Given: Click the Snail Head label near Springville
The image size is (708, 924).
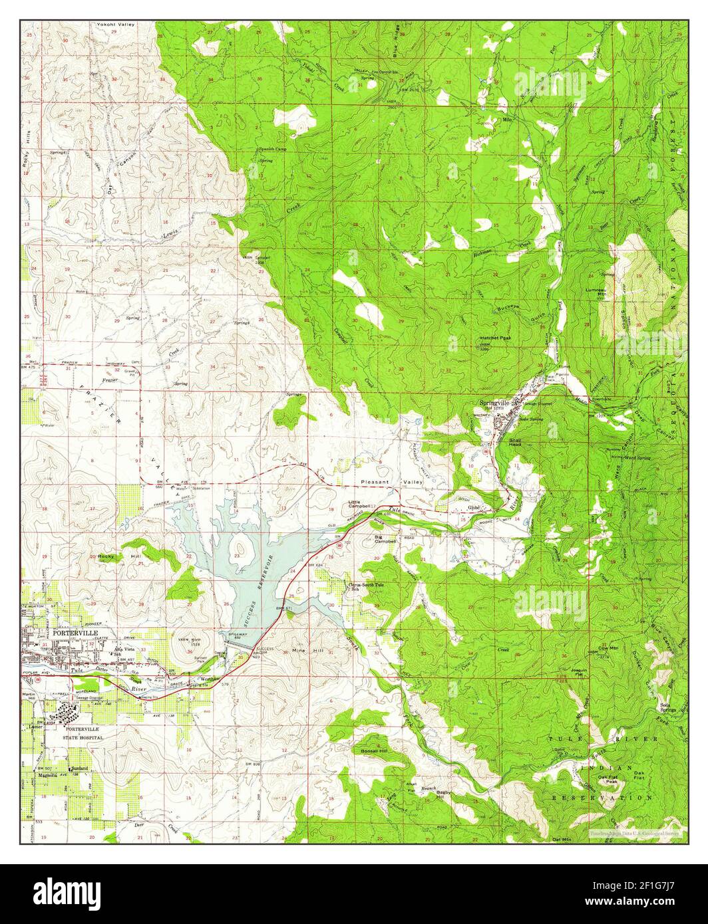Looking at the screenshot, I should pos(516,443).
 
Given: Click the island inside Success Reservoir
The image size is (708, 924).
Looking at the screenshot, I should pos(239,550).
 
